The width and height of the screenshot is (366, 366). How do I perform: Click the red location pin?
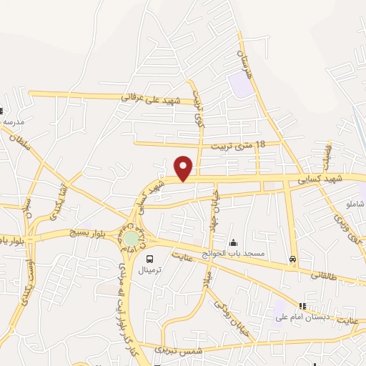(184, 168)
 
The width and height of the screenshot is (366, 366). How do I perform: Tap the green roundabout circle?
(132, 237)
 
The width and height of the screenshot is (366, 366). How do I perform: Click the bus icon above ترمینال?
(150, 259)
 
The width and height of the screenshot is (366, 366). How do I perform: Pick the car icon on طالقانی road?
(292, 259)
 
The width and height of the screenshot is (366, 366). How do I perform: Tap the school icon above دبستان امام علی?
(302, 306)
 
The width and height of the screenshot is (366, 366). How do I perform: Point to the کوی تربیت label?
(199, 114)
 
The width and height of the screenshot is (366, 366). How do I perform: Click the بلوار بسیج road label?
(86, 233)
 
